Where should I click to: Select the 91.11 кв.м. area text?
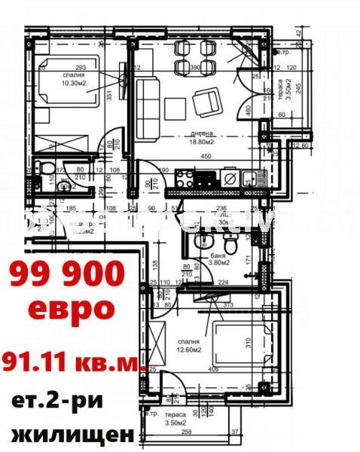point(73,362)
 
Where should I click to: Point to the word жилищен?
point(73,435)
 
